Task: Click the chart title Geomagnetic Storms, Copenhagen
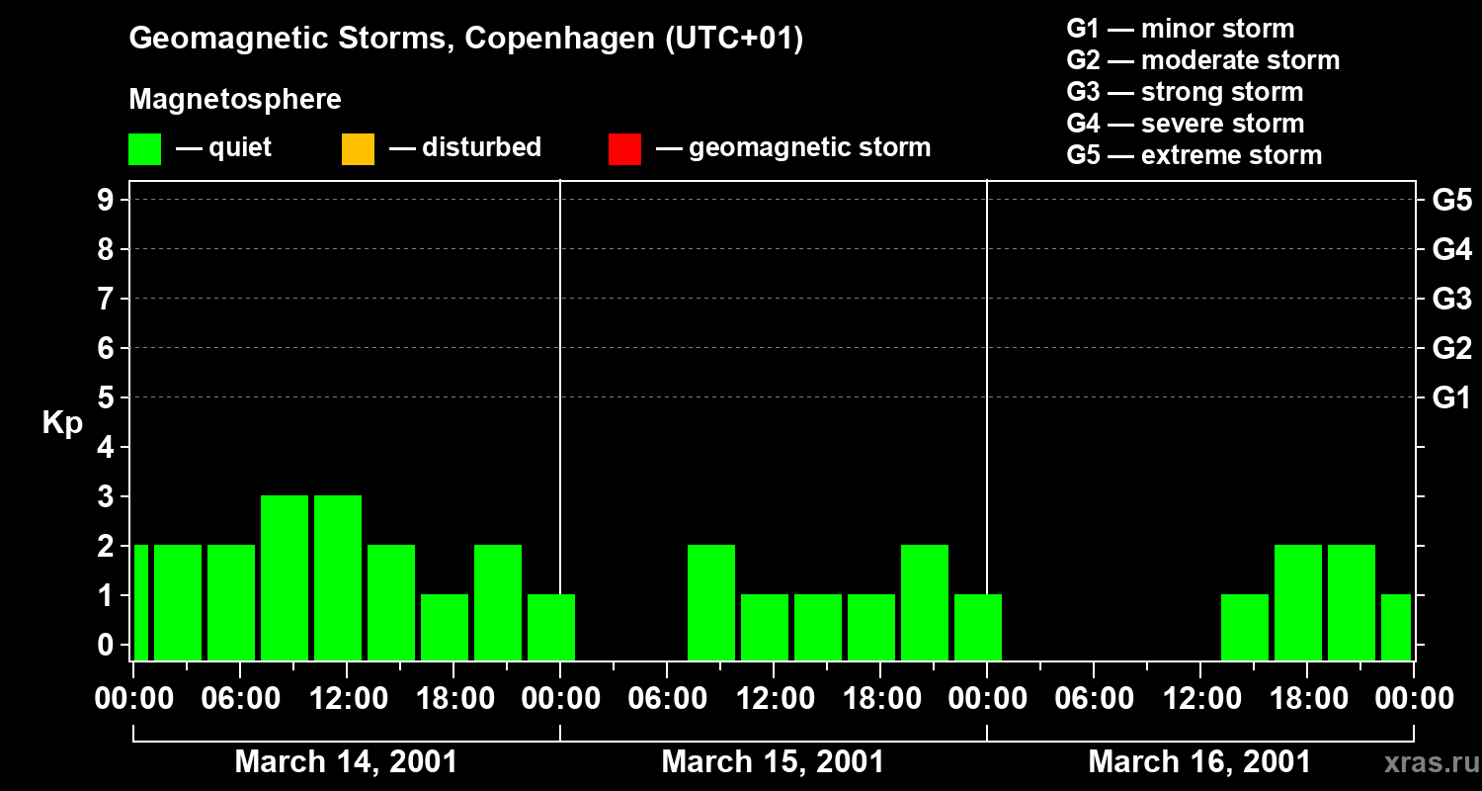tap(465, 39)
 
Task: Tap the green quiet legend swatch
tap(144, 148)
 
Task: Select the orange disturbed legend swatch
tap(358, 148)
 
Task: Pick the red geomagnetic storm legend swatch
tap(624, 148)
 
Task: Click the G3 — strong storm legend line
tap(1185, 92)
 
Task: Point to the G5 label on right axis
tap(1451, 200)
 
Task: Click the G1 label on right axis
tap(1451, 398)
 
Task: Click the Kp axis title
tap(62, 423)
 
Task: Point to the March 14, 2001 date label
tap(346, 762)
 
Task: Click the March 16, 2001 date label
tap(1199, 762)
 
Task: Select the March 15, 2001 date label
tap(773, 762)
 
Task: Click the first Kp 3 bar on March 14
tap(285, 577)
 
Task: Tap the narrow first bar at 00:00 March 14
tap(141, 602)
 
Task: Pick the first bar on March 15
tap(711, 602)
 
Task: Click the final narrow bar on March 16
tap(1396, 627)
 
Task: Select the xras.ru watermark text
tap(1424, 763)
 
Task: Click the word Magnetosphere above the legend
tap(235, 100)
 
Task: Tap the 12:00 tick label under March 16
tap(1199, 699)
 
